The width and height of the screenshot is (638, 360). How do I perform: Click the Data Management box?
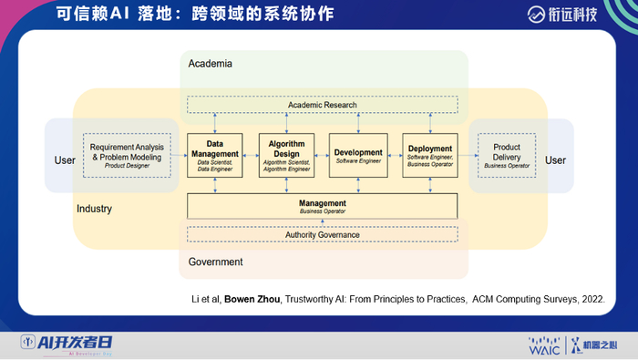click(215, 155)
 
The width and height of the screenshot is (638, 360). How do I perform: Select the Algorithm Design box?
click(286, 155)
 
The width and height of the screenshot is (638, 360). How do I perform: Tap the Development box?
click(358, 155)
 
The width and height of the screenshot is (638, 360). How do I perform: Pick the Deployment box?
click(430, 155)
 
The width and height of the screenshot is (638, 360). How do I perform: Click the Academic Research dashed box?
click(323, 105)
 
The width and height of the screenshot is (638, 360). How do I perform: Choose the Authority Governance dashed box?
click(323, 234)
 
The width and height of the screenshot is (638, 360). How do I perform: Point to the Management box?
click(323, 206)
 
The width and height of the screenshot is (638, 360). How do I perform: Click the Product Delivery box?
click(507, 155)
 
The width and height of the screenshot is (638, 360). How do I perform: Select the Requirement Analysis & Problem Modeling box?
click(128, 156)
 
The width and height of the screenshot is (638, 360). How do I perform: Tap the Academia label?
click(211, 64)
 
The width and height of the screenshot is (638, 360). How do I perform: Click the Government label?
click(215, 262)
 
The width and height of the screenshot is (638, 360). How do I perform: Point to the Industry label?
click(94, 209)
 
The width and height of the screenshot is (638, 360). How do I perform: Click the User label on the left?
click(66, 160)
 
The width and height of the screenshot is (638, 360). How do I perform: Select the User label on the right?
click(556, 160)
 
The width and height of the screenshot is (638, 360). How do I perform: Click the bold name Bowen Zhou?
click(272, 298)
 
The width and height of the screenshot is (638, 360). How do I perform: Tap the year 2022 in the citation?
click(592, 298)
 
